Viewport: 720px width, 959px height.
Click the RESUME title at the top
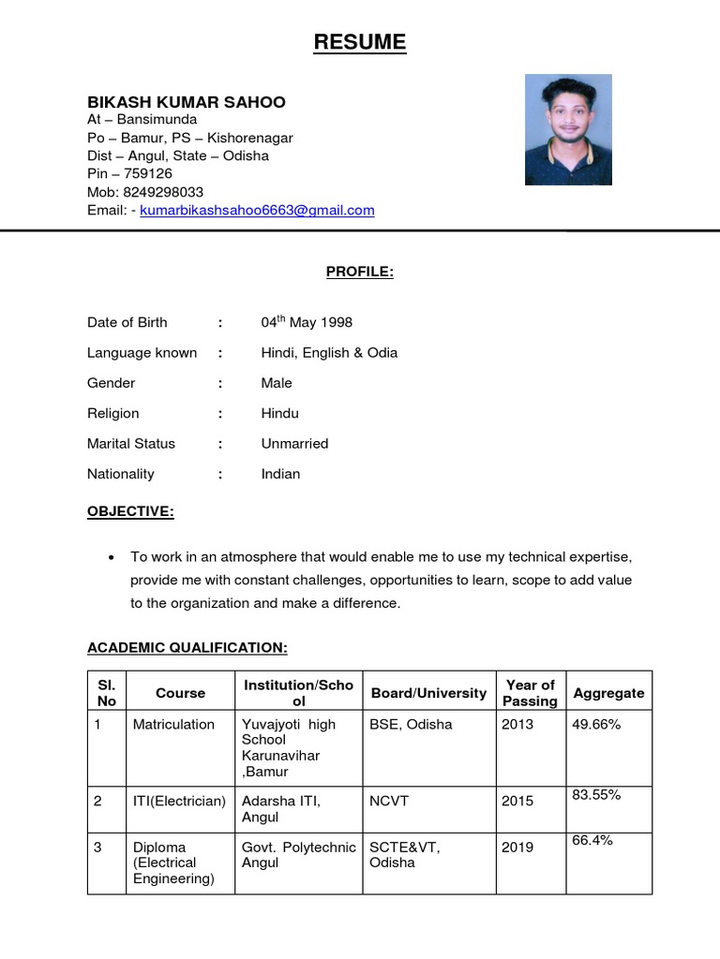(360, 42)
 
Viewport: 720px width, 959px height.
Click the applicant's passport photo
(568, 129)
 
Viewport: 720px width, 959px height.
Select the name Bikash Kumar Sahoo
(187, 102)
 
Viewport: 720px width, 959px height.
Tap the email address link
(257, 211)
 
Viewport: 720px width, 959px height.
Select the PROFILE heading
(360, 273)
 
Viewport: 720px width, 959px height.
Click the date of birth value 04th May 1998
(307, 322)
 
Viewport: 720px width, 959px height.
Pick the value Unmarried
(294, 444)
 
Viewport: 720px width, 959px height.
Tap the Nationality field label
(121, 474)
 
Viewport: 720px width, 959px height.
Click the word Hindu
(280, 413)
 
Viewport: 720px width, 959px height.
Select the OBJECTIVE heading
(130, 511)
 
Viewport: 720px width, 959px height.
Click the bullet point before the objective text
(112, 557)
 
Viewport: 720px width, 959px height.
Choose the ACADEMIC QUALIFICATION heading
(187, 648)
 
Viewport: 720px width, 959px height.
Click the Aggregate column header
(608, 693)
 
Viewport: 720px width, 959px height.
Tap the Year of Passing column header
(530, 693)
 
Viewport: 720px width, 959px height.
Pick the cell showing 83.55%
(596, 795)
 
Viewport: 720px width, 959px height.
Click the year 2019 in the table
(517, 848)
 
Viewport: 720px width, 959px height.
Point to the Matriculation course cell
(173, 725)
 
